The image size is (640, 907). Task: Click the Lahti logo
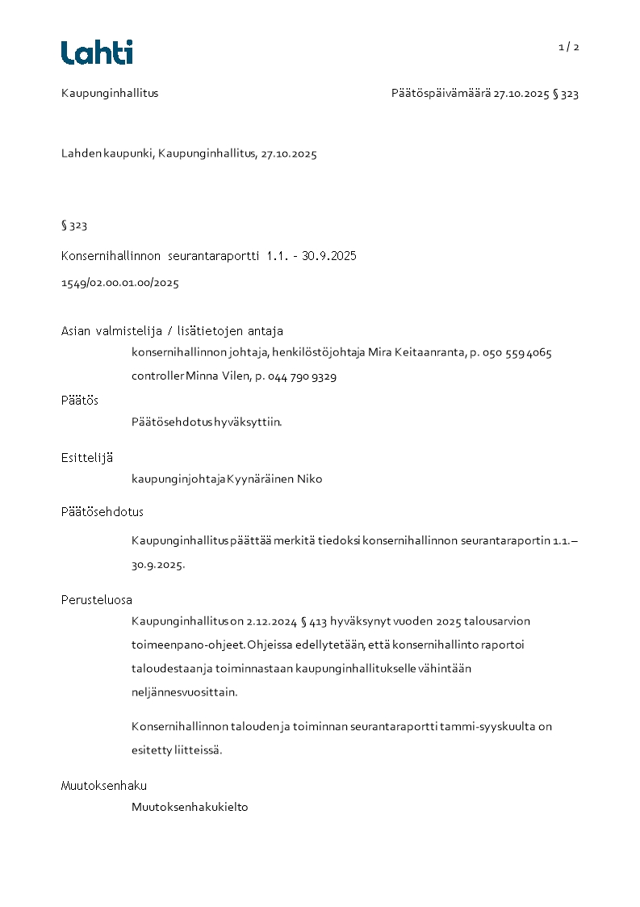pyautogui.click(x=97, y=52)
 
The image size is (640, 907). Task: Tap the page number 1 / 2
pyautogui.click(x=569, y=47)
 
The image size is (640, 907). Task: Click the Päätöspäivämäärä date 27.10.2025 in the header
pyautogui.click(x=521, y=94)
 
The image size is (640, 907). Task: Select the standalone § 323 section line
pyautogui.click(x=74, y=225)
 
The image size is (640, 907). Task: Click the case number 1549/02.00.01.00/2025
pyautogui.click(x=120, y=283)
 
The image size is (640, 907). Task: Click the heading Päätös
pyautogui.click(x=80, y=401)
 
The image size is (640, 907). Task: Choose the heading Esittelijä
pyautogui.click(x=87, y=458)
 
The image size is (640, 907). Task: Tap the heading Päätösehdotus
pyautogui.click(x=102, y=512)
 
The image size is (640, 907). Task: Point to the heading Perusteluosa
pyautogui.click(x=97, y=600)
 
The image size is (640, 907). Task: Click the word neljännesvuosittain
pyautogui.click(x=185, y=692)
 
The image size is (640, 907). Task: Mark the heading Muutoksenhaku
pyautogui.click(x=104, y=786)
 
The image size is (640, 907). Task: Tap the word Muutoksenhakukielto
pyautogui.click(x=190, y=807)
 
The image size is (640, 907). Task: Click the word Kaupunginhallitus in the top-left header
pyautogui.click(x=110, y=94)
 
